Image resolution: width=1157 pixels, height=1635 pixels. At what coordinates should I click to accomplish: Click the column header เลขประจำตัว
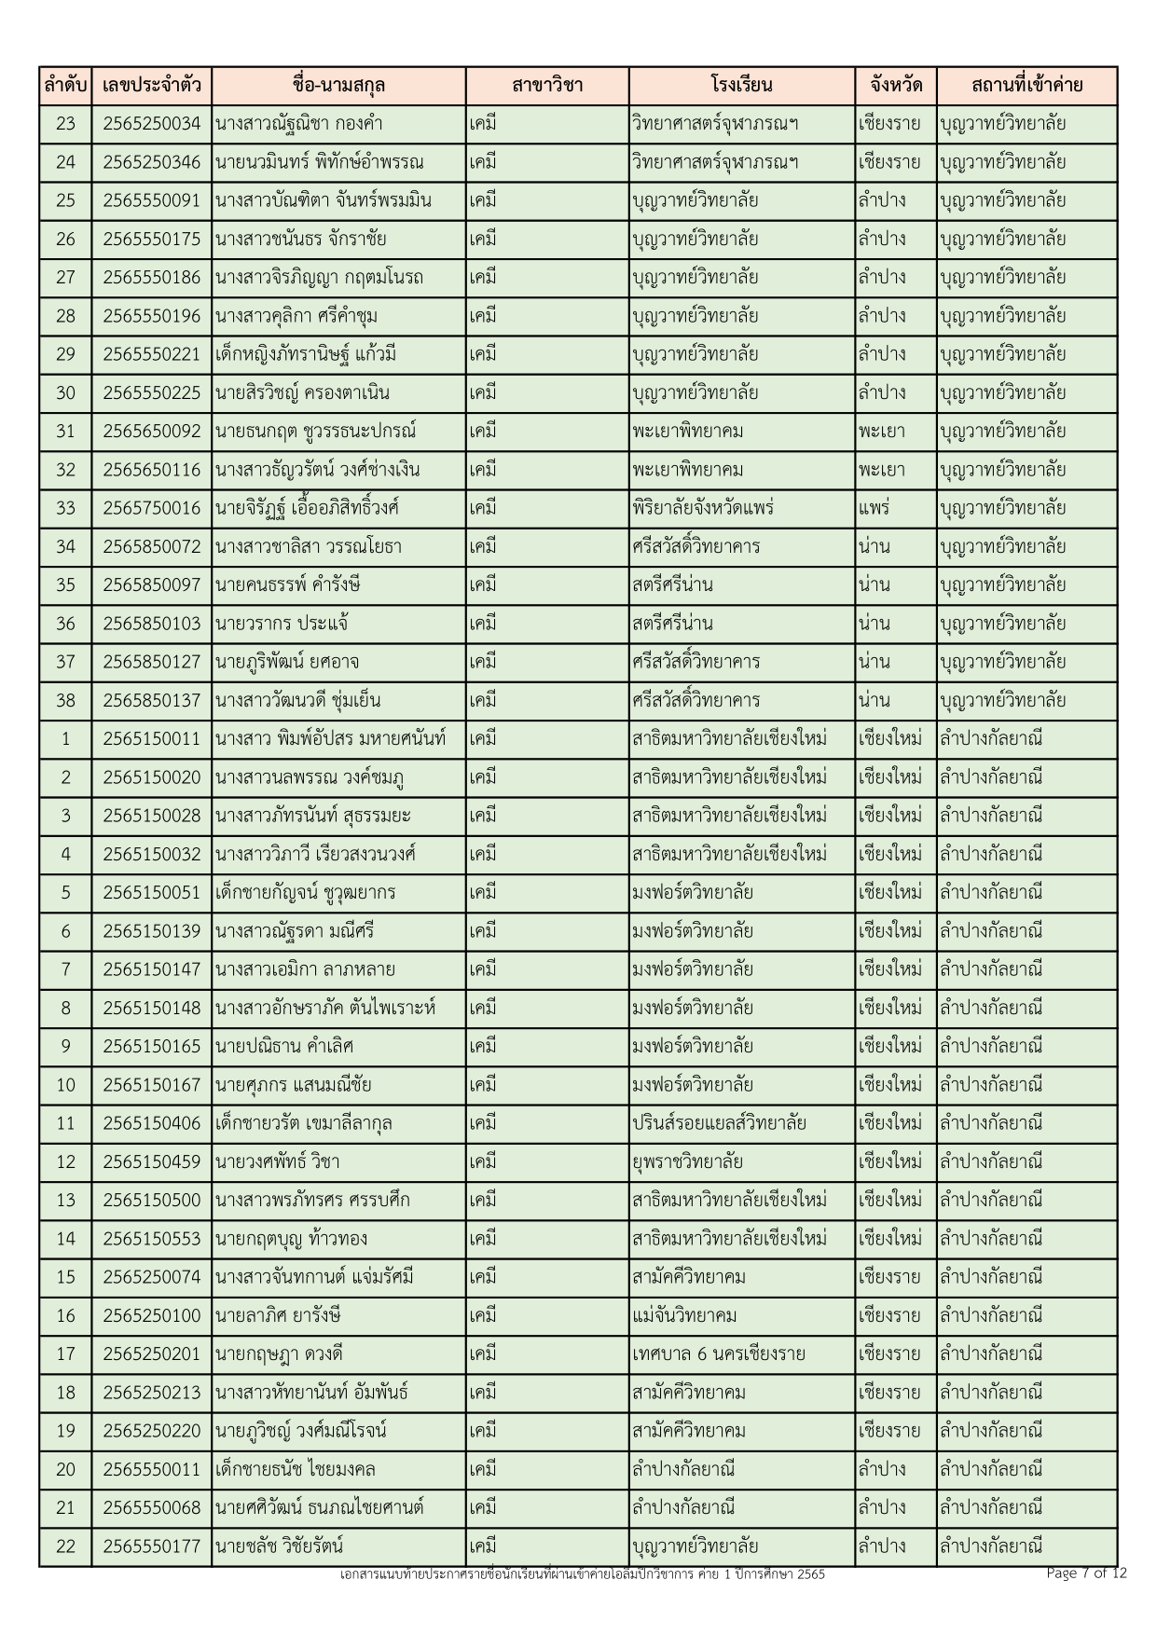[x=152, y=86]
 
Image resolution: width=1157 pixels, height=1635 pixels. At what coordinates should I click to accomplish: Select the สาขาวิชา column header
[x=547, y=86]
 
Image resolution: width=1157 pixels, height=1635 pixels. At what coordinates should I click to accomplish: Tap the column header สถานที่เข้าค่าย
[x=1026, y=86]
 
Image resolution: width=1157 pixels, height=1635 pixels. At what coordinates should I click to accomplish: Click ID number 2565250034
[x=152, y=124]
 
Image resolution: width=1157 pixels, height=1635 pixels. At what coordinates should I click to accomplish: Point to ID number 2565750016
[x=152, y=508]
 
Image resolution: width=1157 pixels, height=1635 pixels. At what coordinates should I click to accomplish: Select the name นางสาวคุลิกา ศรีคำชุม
[x=296, y=316]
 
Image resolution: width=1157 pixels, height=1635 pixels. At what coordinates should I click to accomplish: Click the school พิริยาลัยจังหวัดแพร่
[x=702, y=508]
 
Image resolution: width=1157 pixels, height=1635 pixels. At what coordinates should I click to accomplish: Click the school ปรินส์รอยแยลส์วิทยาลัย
[x=718, y=1123]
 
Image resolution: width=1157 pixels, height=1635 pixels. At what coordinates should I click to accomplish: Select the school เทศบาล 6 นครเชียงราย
[x=718, y=1353]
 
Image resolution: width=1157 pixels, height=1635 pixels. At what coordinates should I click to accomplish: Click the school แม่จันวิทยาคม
[x=683, y=1315]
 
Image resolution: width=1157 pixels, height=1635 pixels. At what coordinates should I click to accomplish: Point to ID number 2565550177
[x=152, y=1546]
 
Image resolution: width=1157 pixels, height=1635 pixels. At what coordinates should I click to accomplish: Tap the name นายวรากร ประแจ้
[x=282, y=624]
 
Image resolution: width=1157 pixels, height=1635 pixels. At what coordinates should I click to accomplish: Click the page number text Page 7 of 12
[x=1086, y=1573]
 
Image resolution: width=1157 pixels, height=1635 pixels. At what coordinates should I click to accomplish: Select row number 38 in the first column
[x=65, y=700]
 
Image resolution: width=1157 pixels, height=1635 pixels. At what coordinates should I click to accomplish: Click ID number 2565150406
[x=152, y=1123]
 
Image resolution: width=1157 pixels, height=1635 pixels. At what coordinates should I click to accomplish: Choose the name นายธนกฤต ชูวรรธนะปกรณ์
[x=315, y=432]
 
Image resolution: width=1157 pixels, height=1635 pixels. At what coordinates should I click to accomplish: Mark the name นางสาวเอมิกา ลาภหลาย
[x=305, y=969]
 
